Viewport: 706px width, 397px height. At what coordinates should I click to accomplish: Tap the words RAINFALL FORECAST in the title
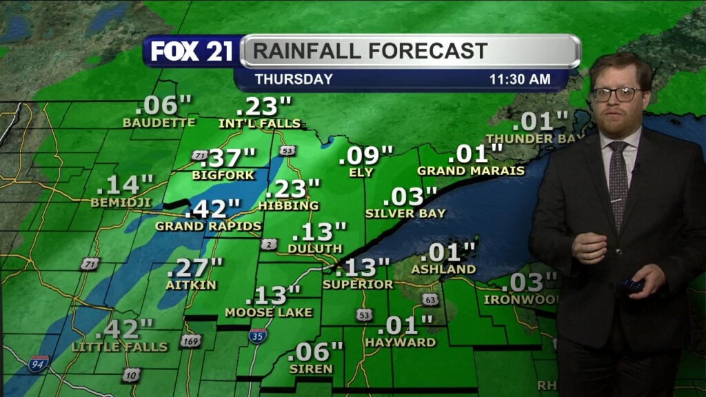(370, 51)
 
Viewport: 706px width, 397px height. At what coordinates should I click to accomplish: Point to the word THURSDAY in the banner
(294, 79)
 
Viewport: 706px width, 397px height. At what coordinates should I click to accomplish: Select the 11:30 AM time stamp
(519, 79)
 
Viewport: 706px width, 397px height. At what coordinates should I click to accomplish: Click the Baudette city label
(159, 123)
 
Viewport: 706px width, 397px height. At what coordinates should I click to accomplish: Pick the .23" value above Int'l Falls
(264, 107)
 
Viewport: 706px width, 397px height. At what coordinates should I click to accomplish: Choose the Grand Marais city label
(471, 170)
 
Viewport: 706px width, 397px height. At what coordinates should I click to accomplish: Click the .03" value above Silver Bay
(410, 196)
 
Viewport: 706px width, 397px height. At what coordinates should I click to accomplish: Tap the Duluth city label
(315, 248)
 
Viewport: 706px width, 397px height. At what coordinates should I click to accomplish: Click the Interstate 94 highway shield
(38, 363)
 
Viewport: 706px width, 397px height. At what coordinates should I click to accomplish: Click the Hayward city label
(401, 342)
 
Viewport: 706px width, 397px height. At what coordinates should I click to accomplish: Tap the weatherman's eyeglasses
(616, 94)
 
